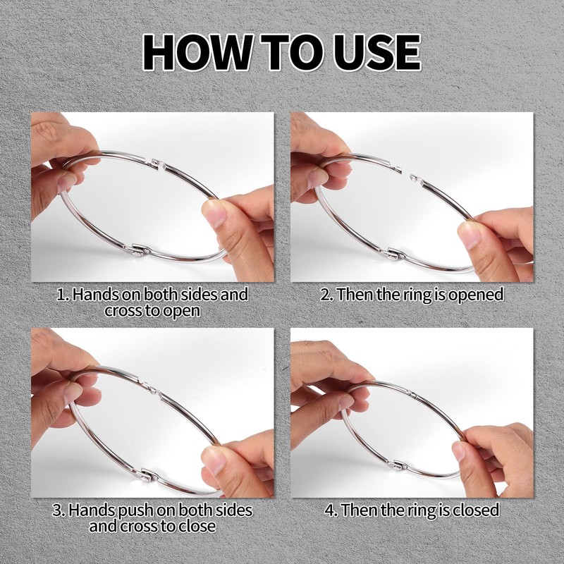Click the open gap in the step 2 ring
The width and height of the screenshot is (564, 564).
(x=405, y=174)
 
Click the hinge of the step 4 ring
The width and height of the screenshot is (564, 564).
(x=400, y=465)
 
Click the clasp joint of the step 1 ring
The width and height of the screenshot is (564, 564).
(x=158, y=164)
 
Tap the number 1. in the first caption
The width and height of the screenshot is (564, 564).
(x=63, y=295)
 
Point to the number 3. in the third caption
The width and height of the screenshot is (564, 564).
(x=59, y=510)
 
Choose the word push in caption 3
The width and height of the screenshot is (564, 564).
(x=135, y=510)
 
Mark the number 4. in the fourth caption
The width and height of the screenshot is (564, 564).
(x=331, y=510)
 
